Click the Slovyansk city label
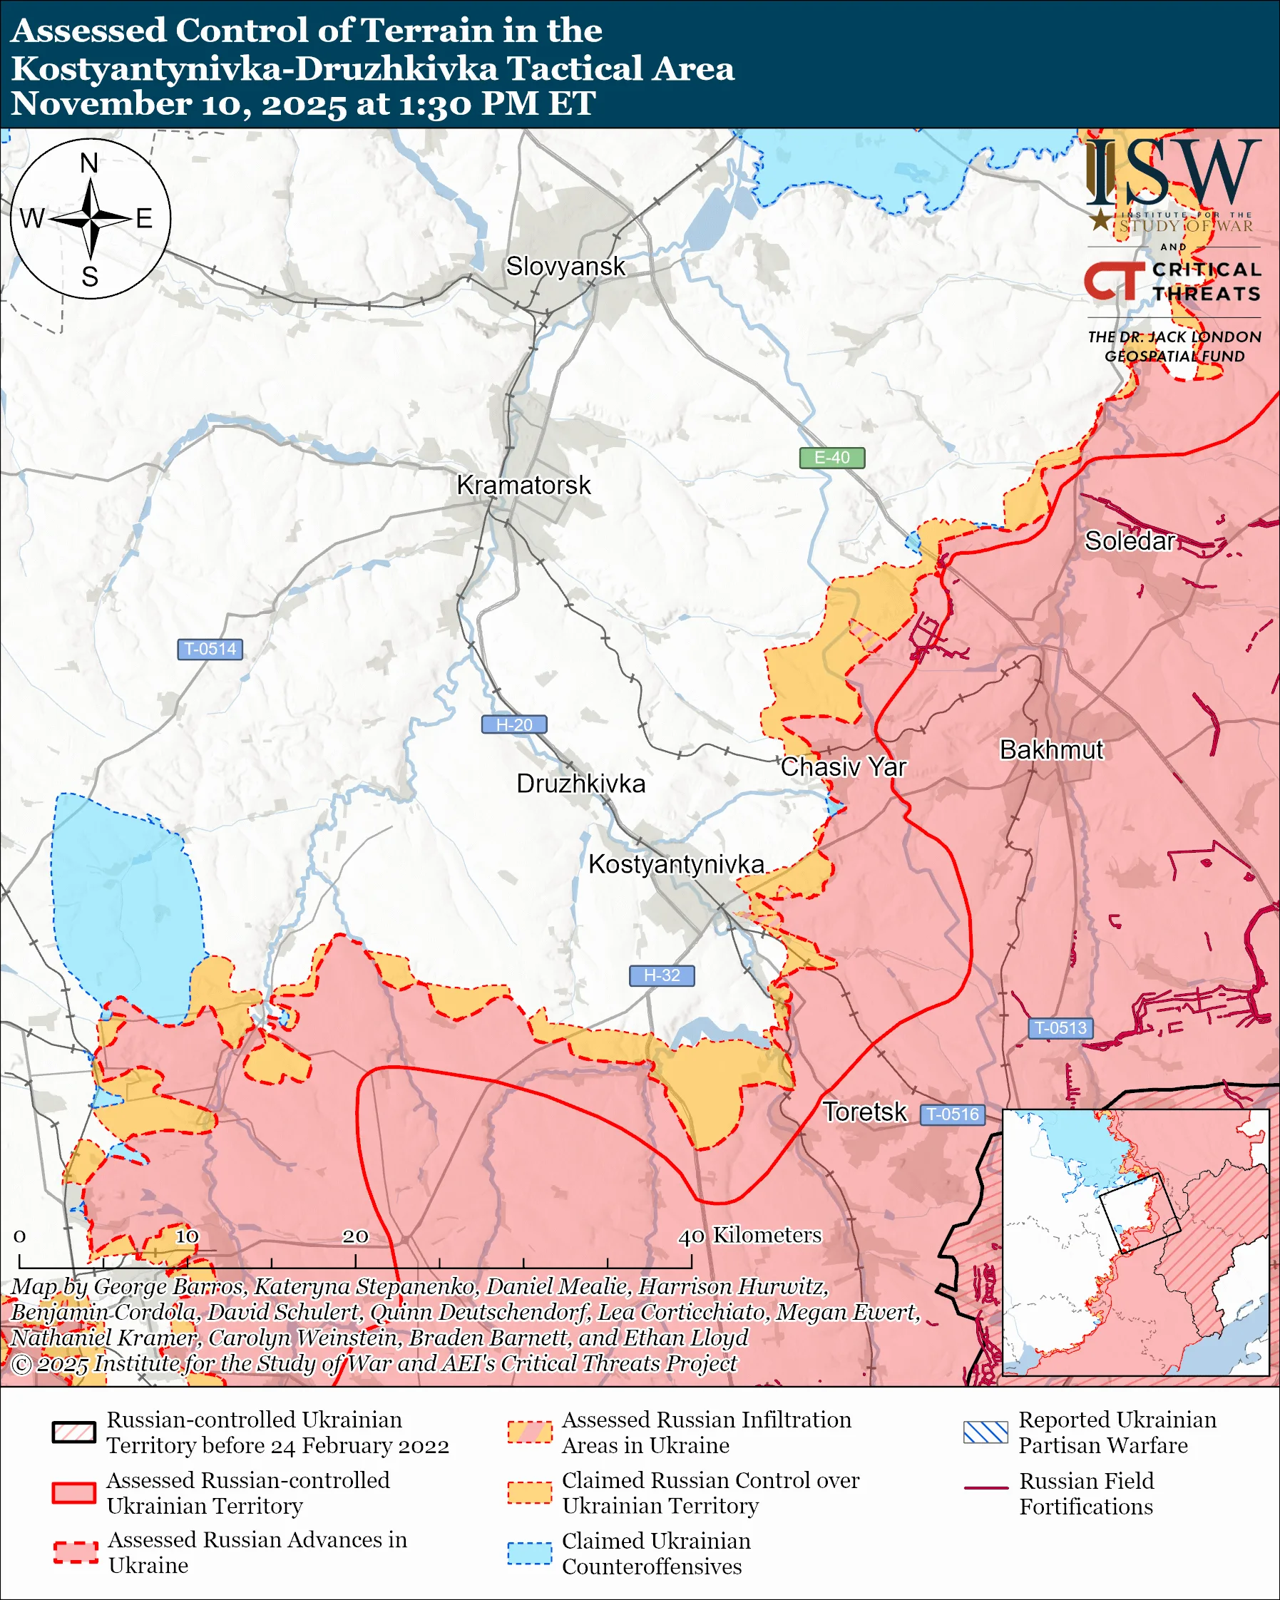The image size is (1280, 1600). click(565, 267)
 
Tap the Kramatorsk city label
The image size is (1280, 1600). click(523, 486)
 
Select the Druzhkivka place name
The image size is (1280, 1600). click(580, 784)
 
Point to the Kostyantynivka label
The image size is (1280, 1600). click(676, 864)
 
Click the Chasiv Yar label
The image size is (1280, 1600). click(843, 766)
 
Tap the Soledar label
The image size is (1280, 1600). click(1130, 541)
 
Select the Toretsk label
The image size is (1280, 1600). click(864, 1112)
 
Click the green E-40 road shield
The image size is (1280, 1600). click(831, 458)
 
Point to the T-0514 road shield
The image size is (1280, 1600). click(210, 650)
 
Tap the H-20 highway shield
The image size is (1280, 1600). click(514, 724)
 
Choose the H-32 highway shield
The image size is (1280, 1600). click(662, 975)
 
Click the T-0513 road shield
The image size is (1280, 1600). click(1060, 1028)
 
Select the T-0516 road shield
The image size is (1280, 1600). click(953, 1114)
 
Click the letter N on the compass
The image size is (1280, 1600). click(89, 163)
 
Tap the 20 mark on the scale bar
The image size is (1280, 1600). click(354, 1236)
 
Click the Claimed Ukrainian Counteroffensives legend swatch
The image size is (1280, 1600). click(530, 1553)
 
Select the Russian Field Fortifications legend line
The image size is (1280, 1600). click(985, 1488)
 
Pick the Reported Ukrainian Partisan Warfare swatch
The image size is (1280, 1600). click(985, 1432)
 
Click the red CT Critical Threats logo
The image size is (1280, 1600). click(1114, 281)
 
